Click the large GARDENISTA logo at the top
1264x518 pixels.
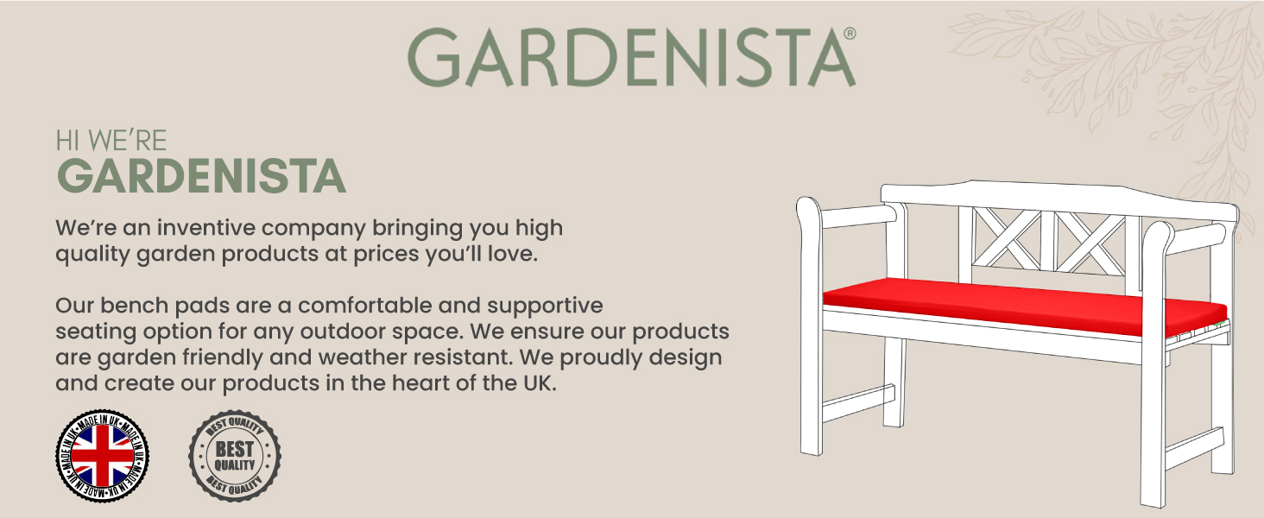(630, 57)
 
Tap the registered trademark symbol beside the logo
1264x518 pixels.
(850, 34)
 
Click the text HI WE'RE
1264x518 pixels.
(111, 141)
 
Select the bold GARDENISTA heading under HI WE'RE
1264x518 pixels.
(201, 176)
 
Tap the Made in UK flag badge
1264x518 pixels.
(102, 454)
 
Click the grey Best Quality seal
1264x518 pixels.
(235, 454)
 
